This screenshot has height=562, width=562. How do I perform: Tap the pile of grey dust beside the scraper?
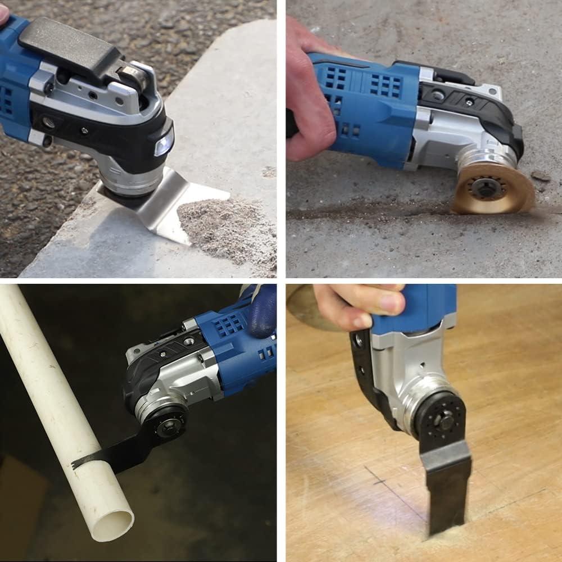pos(225,225)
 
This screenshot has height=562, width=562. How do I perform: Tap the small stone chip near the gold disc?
pos(541,176)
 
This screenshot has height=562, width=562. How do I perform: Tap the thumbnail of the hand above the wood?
pos(391,303)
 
